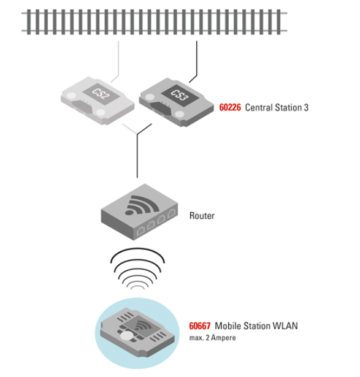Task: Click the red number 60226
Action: (x=230, y=107)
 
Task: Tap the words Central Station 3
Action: (x=277, y=107)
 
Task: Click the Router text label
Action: (x=202, y=216)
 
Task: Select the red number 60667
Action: (x=199, y=326)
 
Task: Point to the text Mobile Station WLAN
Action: (x=256, y=326)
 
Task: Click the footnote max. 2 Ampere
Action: (x=213, y=338)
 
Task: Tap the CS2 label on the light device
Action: (x=101, y=93)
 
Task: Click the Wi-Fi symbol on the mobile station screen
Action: (x=144, y=325)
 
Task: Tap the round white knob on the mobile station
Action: (x=126, y=335)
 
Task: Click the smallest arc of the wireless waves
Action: (x=137, y=286)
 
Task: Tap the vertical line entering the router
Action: (x=137, y=156)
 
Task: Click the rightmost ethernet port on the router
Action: (x=172, y=213)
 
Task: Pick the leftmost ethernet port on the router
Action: (x=140, y=231)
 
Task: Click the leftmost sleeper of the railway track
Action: (x=29, y=22)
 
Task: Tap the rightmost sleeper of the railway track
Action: (x=278, y=22)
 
